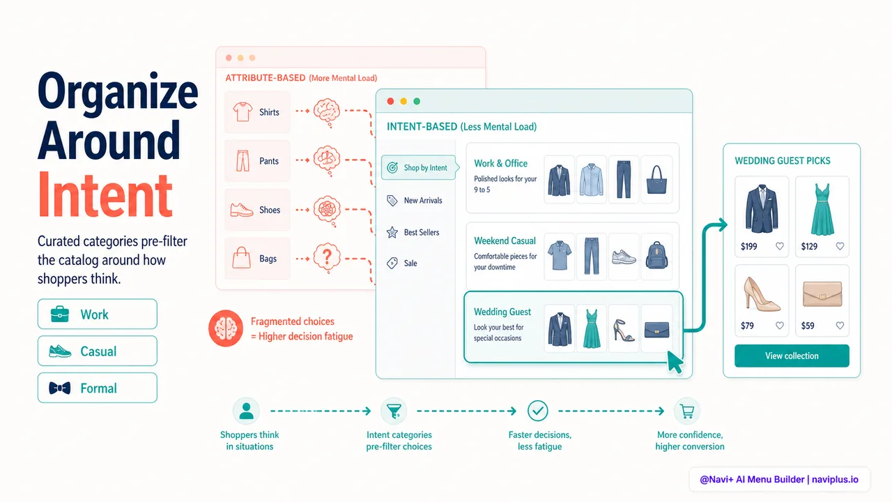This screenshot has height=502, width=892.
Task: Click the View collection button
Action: [x=792, y=356]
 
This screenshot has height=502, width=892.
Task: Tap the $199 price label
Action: [x=748, y=247]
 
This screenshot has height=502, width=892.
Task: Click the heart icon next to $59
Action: [x=840, y=326]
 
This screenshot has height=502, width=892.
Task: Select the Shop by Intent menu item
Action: [x=419, y=168]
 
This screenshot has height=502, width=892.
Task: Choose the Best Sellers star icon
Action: [x=392, y=232]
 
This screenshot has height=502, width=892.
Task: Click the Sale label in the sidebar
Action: [x=410, y=264]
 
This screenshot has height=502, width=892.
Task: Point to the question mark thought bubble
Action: [x=327, y=258]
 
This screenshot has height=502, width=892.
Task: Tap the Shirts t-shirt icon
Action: [x=243, y=112]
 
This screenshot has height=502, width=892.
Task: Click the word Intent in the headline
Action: [x=105, y=195]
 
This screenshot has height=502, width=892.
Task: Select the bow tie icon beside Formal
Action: [x=60, y=388]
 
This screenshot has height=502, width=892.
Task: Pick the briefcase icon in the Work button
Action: [x=60, y=314]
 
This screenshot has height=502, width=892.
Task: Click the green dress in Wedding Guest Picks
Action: [x=822, y=209]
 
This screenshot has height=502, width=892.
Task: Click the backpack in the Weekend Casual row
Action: [x=656, y=255]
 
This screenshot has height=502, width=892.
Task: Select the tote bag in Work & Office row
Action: [x=656, y=180]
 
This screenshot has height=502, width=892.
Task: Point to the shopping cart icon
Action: [x=687, y=411]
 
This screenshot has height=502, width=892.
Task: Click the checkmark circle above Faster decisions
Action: [x=538, y=411]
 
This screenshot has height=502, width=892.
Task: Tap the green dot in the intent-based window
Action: [x=417, y=101]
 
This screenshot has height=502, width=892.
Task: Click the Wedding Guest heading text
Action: [x=502, y=312]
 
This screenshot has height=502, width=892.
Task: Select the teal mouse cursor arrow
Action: [x=675, y=362]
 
